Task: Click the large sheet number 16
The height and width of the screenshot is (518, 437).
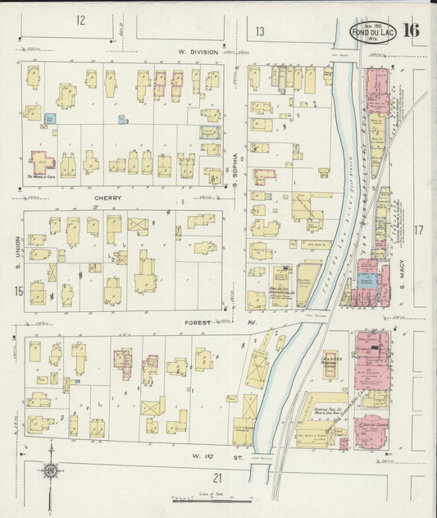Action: [x=411, y=30]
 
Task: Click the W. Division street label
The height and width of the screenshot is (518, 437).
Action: [x=198, y=52]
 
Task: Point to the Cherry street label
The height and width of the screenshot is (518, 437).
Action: [x=107, y=199]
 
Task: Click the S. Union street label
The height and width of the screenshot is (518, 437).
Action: [x=16, y=254]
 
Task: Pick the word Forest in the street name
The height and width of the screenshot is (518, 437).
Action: [x=198, y=323]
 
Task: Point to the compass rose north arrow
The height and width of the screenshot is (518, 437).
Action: [x=51, y=470]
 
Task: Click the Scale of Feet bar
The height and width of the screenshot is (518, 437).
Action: [x=212, y=498]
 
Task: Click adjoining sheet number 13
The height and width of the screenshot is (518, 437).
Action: [x=259, y=31]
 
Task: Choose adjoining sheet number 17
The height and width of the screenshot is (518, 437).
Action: [x=419, y=230]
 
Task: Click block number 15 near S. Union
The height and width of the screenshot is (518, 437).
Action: [x=17, y=291]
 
